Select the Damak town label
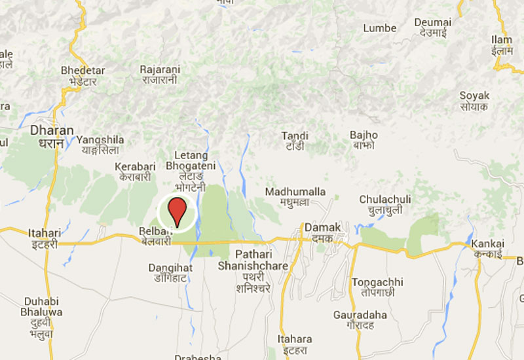[323, 232]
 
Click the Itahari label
[43, 238]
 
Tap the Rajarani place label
[160, 74]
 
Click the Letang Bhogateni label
[187, 166]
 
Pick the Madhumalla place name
[295, 196]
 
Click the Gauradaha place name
[360, 320]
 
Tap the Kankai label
[487, 248]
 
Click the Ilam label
[502, 45]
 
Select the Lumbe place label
[380, 28]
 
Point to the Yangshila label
[100, 144]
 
